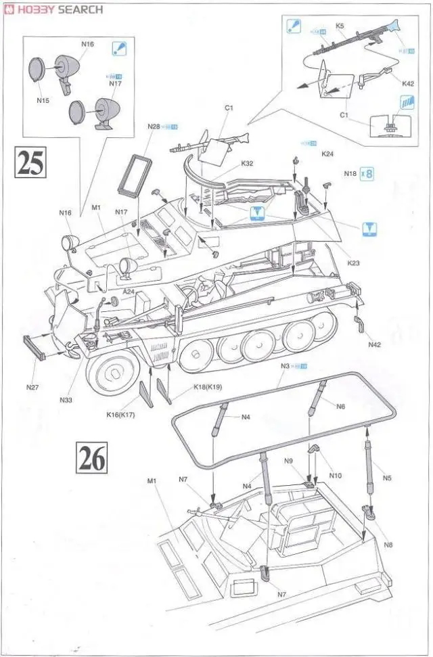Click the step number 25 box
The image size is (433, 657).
30,162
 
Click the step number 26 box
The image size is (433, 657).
92,458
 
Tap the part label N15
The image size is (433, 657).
43,100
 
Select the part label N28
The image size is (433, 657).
154,127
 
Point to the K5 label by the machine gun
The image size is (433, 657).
340,26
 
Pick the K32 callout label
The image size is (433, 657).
247,163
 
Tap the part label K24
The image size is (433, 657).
328,154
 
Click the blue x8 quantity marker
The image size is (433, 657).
368,173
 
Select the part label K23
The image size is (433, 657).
353,263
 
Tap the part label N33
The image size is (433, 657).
66,400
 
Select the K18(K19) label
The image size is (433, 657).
208,386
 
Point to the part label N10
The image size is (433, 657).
335,475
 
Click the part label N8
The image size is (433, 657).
388,545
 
